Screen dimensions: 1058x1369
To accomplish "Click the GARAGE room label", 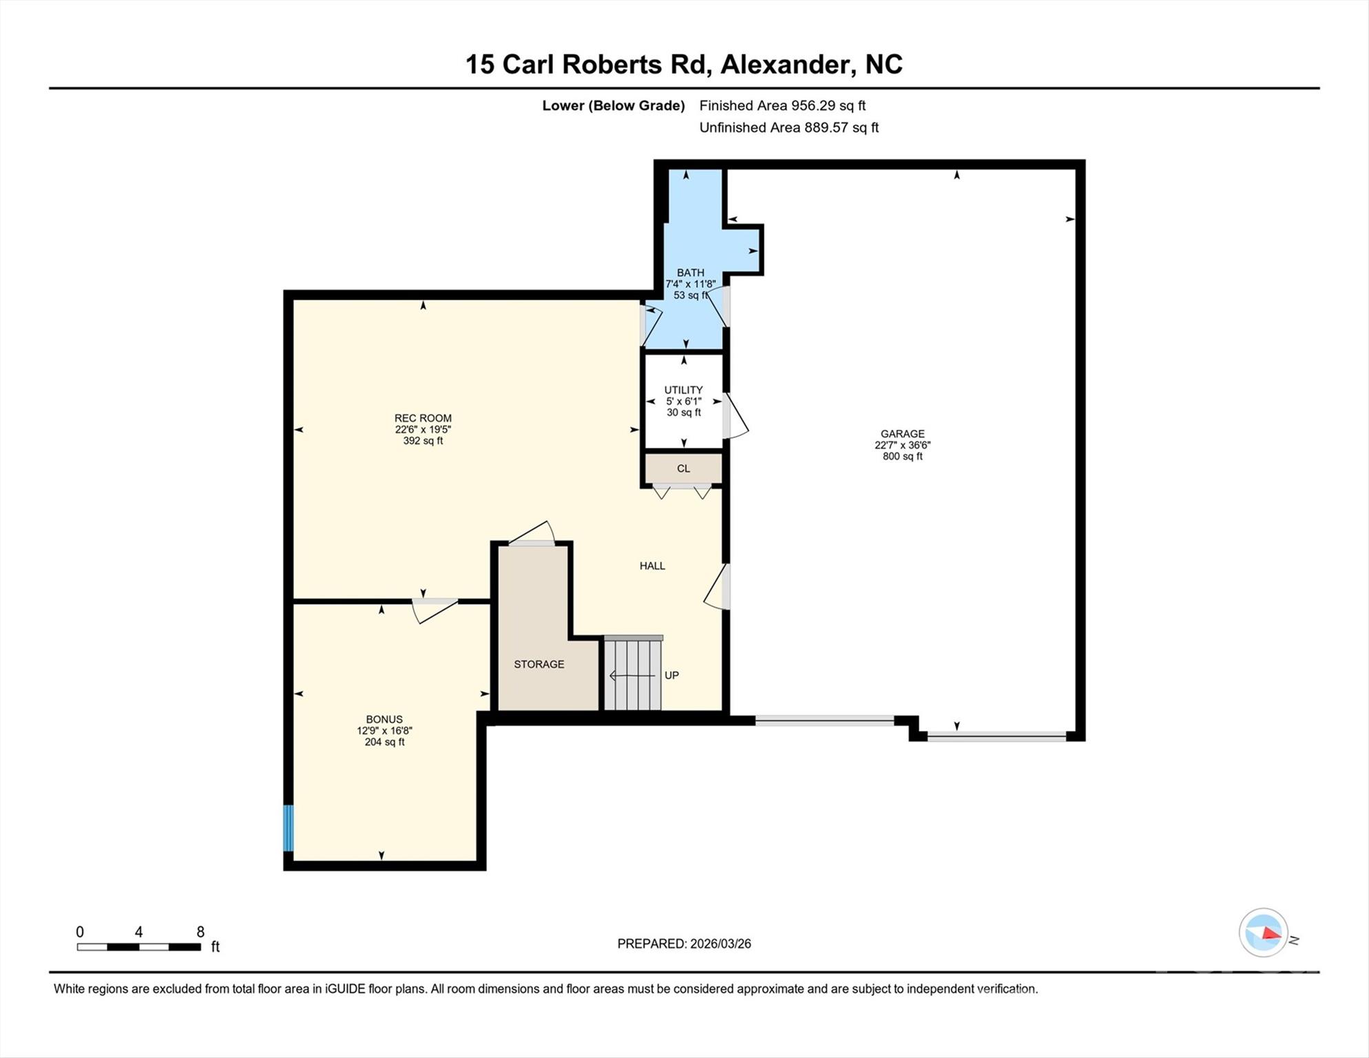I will click(x=902, y=434).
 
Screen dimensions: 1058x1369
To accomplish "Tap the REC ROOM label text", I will click(x=423, y=418).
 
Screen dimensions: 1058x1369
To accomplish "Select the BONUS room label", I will click(x=384, y=720).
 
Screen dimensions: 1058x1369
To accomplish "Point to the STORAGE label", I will click(x=539, y=664).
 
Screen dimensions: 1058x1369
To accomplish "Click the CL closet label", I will click(x=683, y=468).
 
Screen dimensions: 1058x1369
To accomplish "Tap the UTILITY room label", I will click(x=683, y=390).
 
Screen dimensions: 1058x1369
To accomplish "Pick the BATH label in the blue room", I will click(x=690, y=273).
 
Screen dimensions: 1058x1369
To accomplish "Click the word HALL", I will click(x=652, y=566).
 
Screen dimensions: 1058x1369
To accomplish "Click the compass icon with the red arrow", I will click(x=1263, y=933).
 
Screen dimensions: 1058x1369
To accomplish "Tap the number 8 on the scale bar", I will click(x=200, y=932).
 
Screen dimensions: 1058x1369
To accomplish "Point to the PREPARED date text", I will click(x=684, y=944).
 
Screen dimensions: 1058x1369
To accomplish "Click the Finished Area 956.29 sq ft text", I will click(x=782, y=105).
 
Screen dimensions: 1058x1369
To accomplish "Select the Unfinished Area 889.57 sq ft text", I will click(x=788, y=127).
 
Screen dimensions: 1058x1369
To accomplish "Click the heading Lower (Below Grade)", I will click(x=613, y=105).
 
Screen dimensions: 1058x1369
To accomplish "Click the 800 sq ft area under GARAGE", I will click(x=902, y=456).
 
